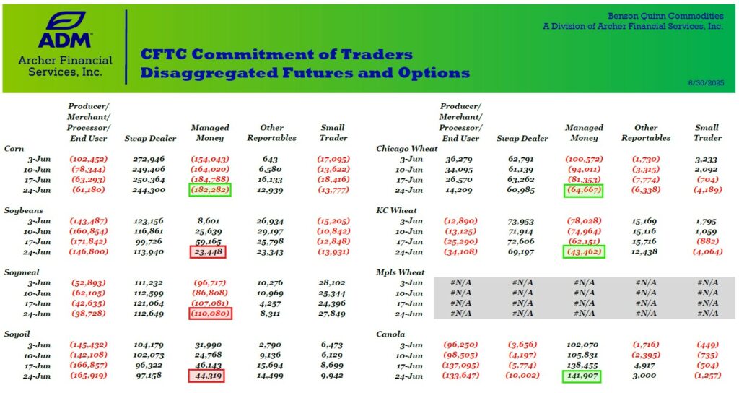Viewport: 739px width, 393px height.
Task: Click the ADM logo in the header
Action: [65, 30]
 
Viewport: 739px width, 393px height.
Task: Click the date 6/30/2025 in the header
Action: [706, 82]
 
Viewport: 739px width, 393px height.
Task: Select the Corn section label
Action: [14, 149]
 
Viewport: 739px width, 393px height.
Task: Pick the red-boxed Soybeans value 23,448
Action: [208, 252]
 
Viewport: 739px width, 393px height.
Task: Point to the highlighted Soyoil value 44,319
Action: [206, 376]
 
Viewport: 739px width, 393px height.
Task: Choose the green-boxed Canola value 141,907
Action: [582, 376]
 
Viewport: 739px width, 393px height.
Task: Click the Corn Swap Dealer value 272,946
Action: [149, 159]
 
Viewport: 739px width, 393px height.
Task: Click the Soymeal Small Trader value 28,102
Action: [331, 282]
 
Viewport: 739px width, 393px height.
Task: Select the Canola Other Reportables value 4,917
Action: [645, 365]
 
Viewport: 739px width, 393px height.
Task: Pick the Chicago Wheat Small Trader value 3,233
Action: [706, 160]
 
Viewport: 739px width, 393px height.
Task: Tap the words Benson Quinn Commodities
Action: [665, 16]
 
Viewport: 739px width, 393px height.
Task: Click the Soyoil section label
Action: [17, 334]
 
